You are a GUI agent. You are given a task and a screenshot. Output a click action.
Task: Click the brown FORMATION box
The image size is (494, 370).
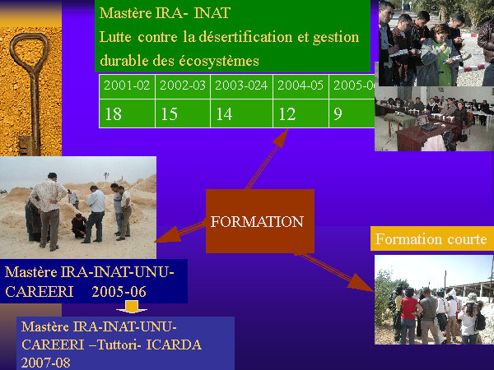click(x=260, y=221)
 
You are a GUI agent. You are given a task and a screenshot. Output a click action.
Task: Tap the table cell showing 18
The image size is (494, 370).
click(x=127, y=113)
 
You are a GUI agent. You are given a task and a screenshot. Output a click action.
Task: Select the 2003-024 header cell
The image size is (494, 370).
click(x=241, y=86)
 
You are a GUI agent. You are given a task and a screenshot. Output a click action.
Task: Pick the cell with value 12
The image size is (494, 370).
click(x=301, y=113)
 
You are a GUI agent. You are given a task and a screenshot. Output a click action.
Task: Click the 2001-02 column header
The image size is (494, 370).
click(x=127, y=86)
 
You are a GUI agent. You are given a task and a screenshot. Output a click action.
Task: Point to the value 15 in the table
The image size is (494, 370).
click(x=183, y=113)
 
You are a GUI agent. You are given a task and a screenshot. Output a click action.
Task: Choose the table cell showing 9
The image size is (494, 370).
click(x=352, y=113)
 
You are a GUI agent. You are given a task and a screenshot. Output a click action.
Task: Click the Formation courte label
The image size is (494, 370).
click(x=432, y=238)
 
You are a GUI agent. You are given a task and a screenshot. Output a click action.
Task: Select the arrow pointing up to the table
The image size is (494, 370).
click(x=267, y=159)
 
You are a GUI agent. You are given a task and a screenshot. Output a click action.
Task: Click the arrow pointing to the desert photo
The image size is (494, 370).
click(x=180, y=232)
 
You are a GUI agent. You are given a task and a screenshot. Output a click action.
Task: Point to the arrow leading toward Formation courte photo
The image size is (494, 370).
click(x=334, y=272)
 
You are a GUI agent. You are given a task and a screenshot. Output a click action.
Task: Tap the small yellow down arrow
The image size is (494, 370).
click(x=132, y=307)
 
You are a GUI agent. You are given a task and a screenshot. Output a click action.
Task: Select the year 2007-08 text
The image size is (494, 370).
click(x=45, y=363)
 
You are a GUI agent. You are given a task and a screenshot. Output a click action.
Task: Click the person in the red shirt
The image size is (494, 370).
click(x=408, y=316)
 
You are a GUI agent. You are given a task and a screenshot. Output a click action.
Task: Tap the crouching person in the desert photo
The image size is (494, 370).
click(x=78, y=225)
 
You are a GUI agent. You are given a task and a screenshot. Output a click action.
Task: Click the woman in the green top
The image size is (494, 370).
click(x=439, y=57)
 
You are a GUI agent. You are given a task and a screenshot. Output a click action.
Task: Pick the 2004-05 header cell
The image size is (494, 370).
click(x=301, y=86)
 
